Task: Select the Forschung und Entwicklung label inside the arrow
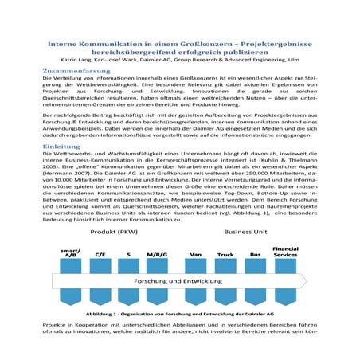pyautogui.click(x=176, y=283)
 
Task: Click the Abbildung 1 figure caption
pyautogui.click(x=180, y=315)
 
